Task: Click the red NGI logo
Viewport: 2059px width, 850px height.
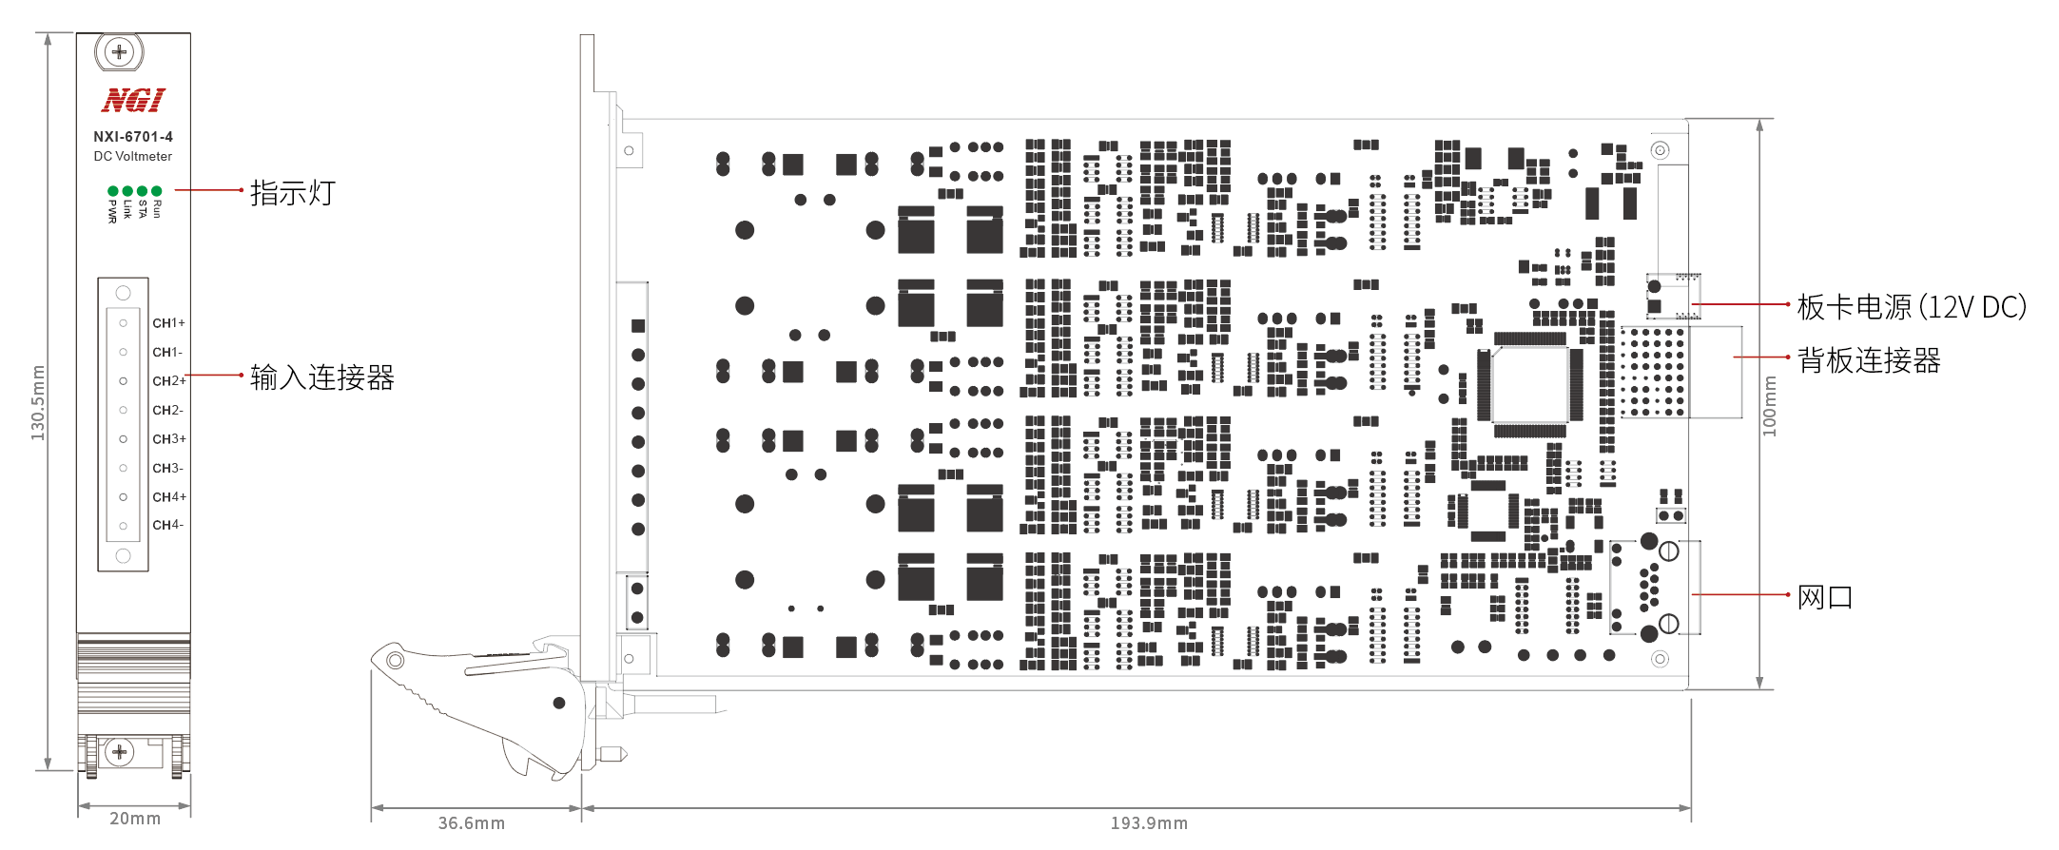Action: pyautogui.click(x=133, y=100)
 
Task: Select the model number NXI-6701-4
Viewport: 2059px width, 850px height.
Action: pyautogui.click(x=133, y=137)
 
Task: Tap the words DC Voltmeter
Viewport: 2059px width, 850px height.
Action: pyautogui.click(x=133, y=157)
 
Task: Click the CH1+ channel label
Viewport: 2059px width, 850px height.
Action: pyautogui.click(x=168, y=323)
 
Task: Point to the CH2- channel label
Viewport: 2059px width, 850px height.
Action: pyautogui.click(x=167, y=410)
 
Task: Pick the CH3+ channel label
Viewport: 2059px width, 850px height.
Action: pyautogui.click(x=169, y=439)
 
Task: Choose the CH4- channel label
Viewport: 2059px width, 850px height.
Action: pyautogui.click(x=167, y=525)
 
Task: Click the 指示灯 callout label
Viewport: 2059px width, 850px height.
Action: pyautogui.click(x=292, y=193)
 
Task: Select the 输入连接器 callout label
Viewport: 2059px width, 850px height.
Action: pyautogui.click(x=321, y=377)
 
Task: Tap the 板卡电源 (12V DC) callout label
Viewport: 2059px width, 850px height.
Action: pyautogui.click(x=1912, y=307)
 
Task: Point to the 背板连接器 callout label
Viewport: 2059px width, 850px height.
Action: pyautogui.click(x=1869, y=360)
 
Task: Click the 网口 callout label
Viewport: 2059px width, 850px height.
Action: pyautogui.click(x=1824, y=597)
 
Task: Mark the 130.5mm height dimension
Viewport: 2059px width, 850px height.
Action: pyautogui.click(x=38, y=402)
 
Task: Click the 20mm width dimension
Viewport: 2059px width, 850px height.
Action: pyautogui.click(x=135, y=819)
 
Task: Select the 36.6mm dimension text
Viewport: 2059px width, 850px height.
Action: pyautogui.click(x=471, y=823)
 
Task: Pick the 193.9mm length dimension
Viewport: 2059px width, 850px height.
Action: pyautogui.click(x=1149, y=823)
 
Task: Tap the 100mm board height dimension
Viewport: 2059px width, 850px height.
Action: pyautogui.click(x=1769, y=406)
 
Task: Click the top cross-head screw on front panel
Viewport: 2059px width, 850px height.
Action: pyautogui.click(x=119, y=52)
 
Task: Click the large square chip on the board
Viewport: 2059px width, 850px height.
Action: pyautogui.click(x=1529, y=385)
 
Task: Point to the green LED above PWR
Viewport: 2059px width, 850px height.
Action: pyautogui.click(x=113, y=191)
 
